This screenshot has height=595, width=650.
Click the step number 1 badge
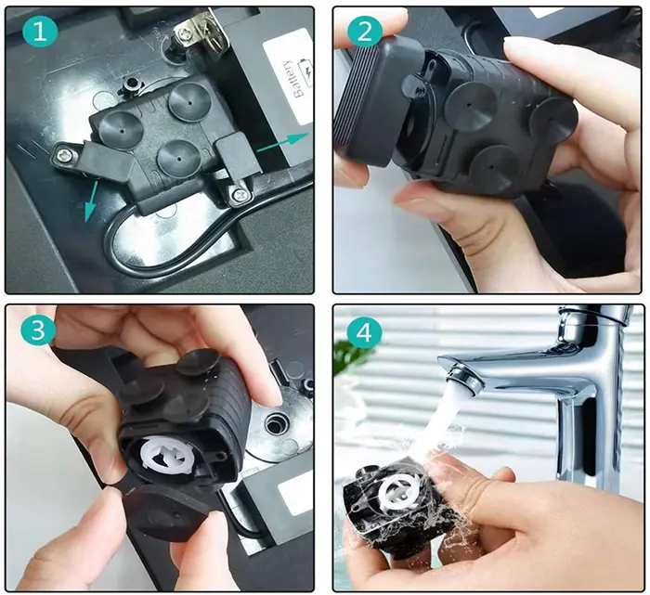40,31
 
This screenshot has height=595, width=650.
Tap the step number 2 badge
364,31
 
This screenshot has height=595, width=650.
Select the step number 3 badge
38,330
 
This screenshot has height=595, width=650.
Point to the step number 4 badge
364,330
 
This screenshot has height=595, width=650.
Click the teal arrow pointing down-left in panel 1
91,200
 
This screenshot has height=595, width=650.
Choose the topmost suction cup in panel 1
188,102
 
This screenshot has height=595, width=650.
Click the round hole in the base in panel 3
275,424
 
